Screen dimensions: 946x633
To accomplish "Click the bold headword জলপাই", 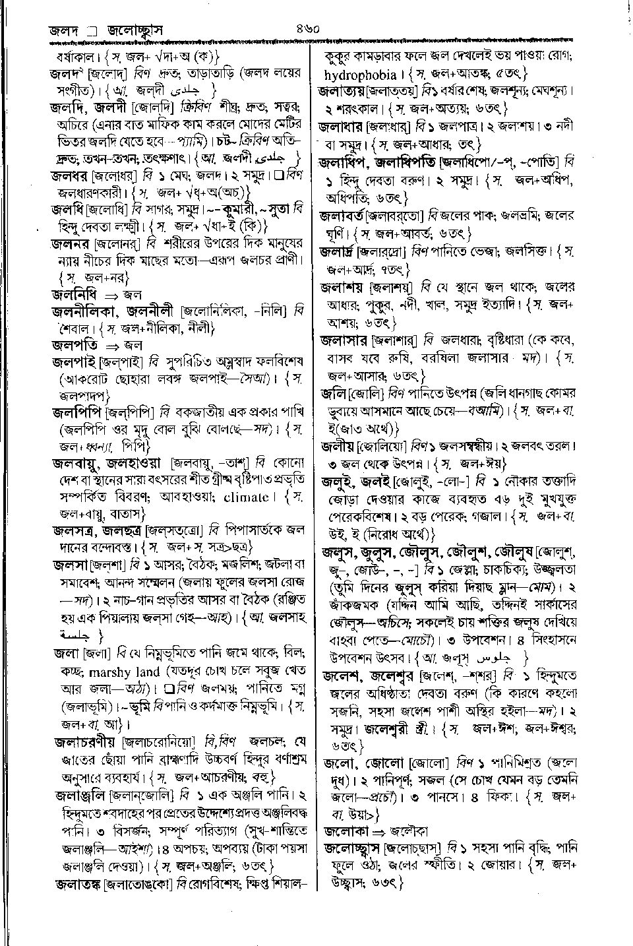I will click(x=75, y=362).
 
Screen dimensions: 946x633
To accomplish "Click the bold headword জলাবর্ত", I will click(x=342, y=215).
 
